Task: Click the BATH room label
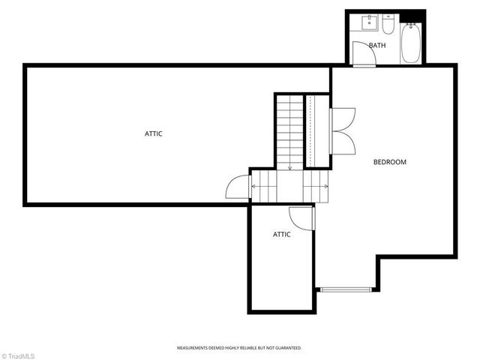tap(377, 46)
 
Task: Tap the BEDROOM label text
tap(390, 162)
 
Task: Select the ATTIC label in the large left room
tap(154, 133)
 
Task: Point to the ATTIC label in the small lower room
tap(281, 235)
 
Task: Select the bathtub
tap(412, 43)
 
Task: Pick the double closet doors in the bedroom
tap(343, 130)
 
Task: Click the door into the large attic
tap(238, 187)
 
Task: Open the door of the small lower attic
tap(300, 217)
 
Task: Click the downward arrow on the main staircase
tap(289, 166)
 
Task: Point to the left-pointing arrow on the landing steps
tap(254, 186)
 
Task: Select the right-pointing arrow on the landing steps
tap(325, 186)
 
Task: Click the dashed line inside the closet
tap(308, 131)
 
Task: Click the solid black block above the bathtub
tap(412, 16)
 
